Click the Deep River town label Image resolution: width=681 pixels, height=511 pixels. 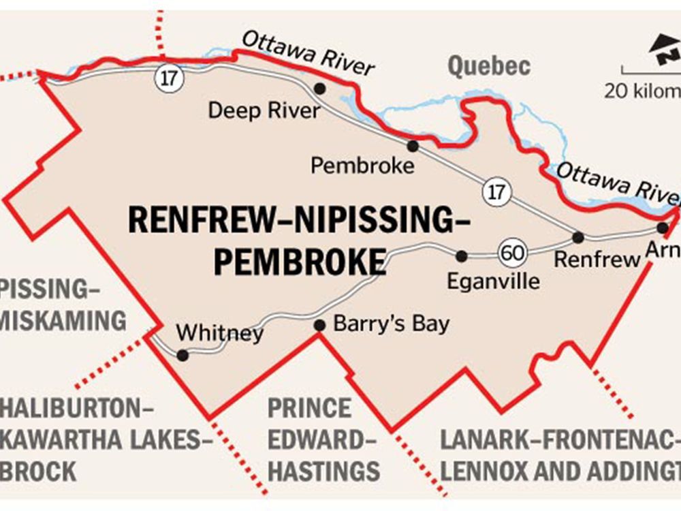pos(264,110)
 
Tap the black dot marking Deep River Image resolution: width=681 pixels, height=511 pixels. pos(319,89)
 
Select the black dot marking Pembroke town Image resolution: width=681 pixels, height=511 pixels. pos(412,146)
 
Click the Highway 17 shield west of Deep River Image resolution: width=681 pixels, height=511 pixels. pos(168,78)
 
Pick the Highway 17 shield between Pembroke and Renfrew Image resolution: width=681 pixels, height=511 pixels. pos(496,191)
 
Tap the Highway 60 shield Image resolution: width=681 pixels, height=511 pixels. pos(511,253)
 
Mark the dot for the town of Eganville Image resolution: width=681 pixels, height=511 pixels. pos(462,256)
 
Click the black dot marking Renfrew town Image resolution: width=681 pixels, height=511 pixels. pos(578,237)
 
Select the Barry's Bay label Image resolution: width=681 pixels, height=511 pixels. pos(391,323)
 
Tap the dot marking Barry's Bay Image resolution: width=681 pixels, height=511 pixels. pos(319,326)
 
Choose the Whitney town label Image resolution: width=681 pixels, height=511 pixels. pos(219,333)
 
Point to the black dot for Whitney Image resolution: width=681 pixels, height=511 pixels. pos(182,355)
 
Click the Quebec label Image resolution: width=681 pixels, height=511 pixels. pos(488,67)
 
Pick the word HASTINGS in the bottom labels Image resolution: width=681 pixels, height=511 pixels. pos(323,471)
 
